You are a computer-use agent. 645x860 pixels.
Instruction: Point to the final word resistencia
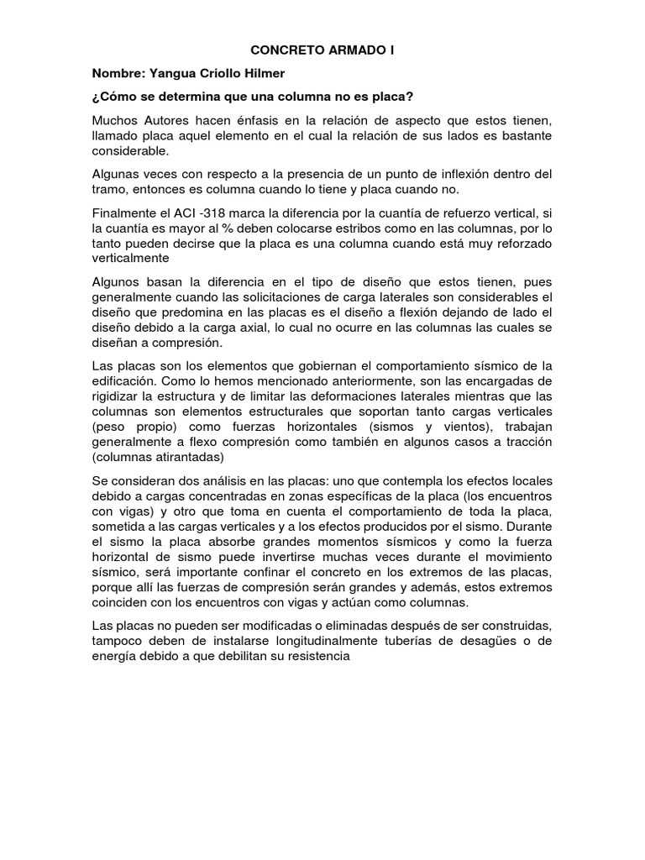[307, 657]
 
